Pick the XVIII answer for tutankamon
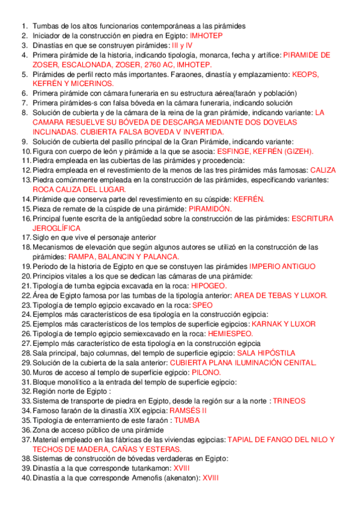pyautogui.click(x=181, y=469)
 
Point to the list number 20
pyautogui.click(x=25, y=276)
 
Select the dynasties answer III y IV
pyautogui.click(x=182, y=45)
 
